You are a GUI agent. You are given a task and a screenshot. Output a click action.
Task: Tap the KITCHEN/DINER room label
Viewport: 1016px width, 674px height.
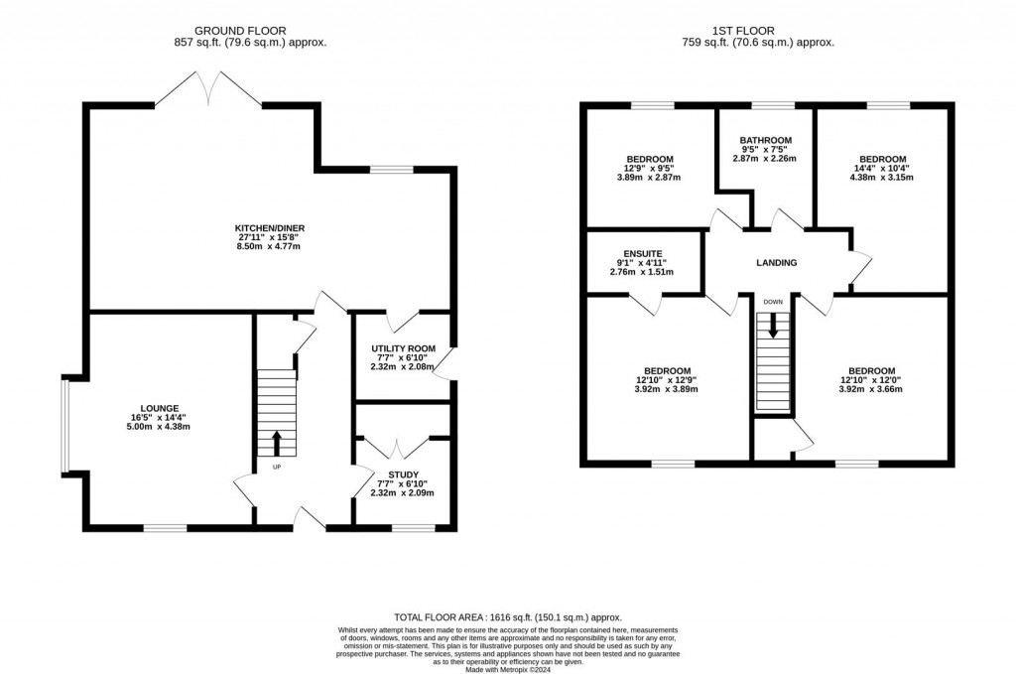(x=263, y=233)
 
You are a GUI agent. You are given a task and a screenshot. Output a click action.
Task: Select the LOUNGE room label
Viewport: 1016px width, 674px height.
(x=159, y=408)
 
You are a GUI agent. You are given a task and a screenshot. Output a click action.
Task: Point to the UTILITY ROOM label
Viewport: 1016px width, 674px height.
(x=403, y=348)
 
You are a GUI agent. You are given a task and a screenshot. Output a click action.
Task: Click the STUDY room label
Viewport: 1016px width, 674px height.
(x=403, y=474)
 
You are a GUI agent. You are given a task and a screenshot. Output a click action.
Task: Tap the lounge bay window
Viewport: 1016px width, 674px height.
(x=63, y=426)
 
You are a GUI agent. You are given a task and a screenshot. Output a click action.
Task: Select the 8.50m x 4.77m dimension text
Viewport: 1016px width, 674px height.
(x=263, y=246)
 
